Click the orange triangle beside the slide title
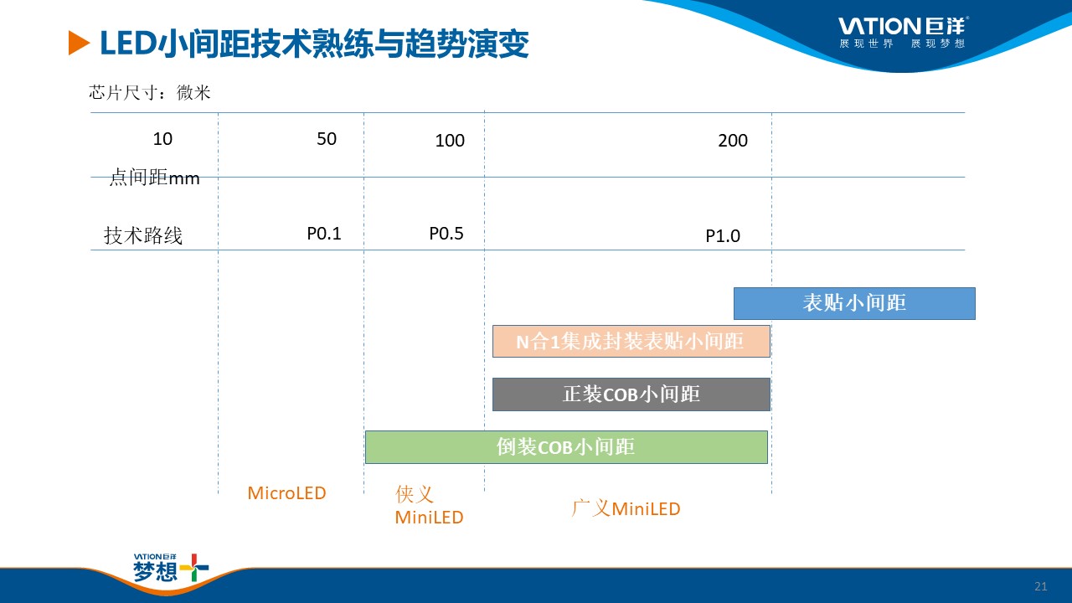tap(78, 43)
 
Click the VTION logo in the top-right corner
tap(903, 33)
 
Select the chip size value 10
tap(162, 139)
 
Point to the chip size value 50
tap(327, 139)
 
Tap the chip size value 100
tap(450, 141)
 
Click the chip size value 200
tap(733, 141)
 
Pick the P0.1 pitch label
tap(324, 234)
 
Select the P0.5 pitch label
tap(446, 234)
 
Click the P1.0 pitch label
tap(723, 236)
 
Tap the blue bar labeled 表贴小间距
tap(854, 303)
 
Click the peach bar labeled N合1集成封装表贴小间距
tap(631, 341)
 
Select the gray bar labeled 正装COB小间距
tap(631, 394)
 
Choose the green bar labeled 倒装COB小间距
tap(566, 447)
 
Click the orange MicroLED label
tap(286, 493)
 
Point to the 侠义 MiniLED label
tap(430, 505)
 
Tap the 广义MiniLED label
tap(626, 508)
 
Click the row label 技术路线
tap(143, 236)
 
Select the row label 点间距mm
tap(155, 178)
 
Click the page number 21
tap(1041, 586)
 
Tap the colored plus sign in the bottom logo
tap(194, 568)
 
